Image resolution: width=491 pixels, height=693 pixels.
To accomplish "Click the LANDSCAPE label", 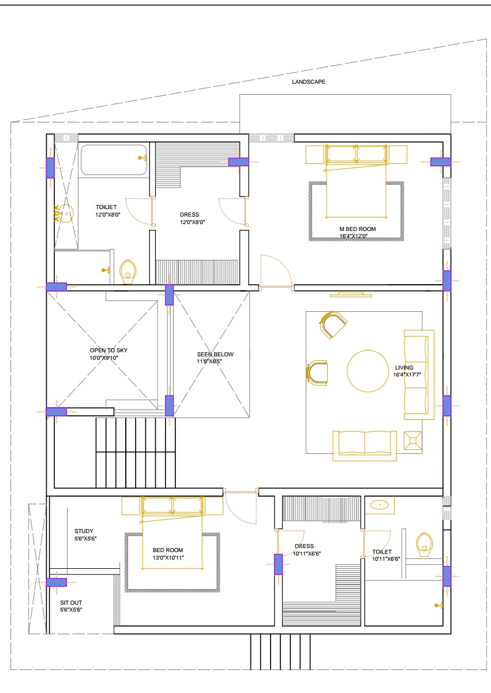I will click(309, 82).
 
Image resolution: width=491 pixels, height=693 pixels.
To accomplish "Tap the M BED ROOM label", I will click(358, 229).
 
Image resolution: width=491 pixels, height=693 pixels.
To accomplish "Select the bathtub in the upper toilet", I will click(113, 160).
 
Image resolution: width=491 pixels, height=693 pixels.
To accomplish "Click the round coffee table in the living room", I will click(368, 371).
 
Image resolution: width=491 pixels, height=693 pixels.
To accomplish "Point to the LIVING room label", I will click(404, 367).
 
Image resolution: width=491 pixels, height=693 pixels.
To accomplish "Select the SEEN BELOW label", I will click(215, 355).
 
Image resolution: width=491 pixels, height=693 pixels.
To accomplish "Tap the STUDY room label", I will click(84, 531).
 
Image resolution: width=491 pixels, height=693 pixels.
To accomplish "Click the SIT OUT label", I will click(71, 602).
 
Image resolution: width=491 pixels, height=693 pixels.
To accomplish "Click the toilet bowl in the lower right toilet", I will click(425, 544).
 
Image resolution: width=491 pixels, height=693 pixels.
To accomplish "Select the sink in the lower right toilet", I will click(379, 505).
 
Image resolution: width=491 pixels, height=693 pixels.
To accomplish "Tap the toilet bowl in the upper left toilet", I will click(128, 271).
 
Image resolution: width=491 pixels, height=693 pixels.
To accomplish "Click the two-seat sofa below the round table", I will click(365, 445).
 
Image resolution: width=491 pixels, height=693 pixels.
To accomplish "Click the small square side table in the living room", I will click(414, 441).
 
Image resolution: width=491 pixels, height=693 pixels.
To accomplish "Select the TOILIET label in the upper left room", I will click(106, 207).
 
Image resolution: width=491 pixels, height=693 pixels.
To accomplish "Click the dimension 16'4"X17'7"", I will click(408, 375).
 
